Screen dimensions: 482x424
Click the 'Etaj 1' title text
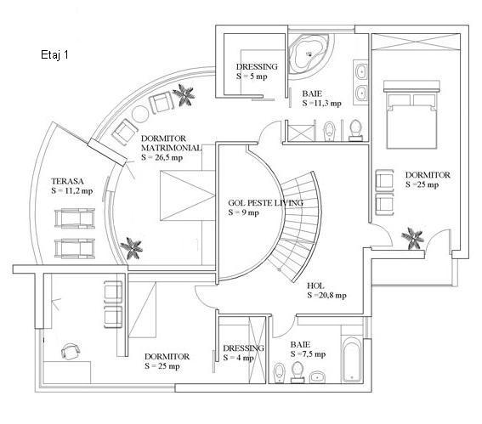(54, 54)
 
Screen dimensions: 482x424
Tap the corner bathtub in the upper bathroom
(309, 54)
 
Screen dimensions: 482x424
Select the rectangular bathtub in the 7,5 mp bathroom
(352, 359)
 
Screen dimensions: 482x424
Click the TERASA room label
(67, 181)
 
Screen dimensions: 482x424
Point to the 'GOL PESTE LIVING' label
(265, 203)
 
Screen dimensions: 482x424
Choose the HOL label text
(315, 285)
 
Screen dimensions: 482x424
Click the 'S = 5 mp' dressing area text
(252, 76)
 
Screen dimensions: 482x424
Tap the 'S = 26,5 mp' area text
(162, 157)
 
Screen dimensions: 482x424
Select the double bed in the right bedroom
(411, 115)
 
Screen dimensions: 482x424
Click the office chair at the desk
(71, 351)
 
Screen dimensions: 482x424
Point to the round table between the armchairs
(140, 114)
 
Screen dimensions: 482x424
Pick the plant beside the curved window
(184, 94)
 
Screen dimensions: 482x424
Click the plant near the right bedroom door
(413, 238)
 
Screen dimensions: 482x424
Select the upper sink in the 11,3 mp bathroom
(361, 72)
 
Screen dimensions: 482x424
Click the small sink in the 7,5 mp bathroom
(318, 376)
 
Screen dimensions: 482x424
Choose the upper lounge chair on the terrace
(75, 218)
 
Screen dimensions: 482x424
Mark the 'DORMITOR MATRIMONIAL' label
(171, 144)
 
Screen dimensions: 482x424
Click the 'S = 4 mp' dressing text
(239, 358)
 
